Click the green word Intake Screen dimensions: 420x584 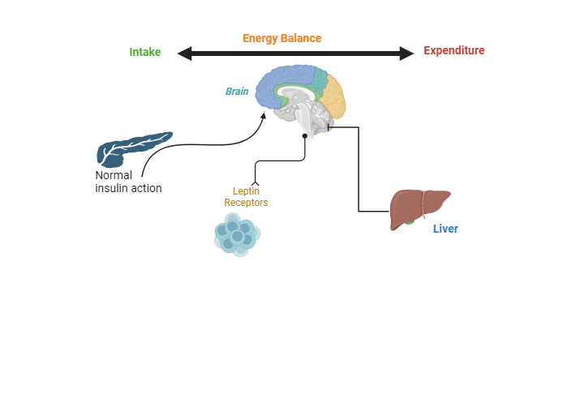coord(145,52)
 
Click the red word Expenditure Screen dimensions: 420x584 coord(453,51)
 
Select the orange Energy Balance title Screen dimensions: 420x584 coord(281,38)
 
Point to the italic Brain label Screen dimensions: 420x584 coord(237,92)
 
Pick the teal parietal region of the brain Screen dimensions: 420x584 coord(318,79)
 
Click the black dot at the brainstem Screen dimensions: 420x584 coord(305,136)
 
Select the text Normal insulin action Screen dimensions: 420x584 coord(128,182)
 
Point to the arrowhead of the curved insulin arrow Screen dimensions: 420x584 coord(263,117)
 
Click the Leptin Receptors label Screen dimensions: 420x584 coord(246,197)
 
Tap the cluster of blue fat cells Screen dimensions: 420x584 coord(236,235)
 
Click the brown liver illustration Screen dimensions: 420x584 coord(418,206)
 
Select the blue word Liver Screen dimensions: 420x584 coord(445,229)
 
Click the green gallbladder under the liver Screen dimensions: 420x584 coord(410,221)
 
